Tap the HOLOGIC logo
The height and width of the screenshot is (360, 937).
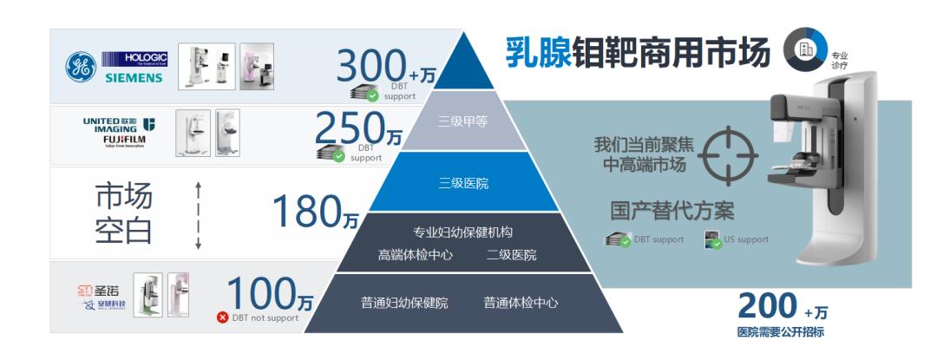pos(136,58)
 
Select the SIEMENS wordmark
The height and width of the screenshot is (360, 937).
pos(134,78)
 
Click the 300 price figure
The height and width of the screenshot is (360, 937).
pos(370,67)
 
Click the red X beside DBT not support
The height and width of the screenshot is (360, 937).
pos(222,317)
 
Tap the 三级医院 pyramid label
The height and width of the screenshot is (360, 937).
pos(464,183)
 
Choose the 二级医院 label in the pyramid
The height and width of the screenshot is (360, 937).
pos(511,254)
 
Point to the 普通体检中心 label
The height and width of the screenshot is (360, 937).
pos(521,303)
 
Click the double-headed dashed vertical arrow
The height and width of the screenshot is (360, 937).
pos(198,214)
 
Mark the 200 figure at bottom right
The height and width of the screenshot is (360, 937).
pos(767,305)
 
